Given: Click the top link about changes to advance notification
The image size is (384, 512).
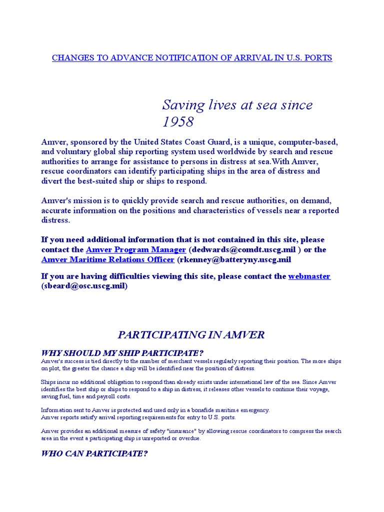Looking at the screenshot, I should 192,58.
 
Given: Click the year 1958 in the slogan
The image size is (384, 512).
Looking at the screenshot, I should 177,121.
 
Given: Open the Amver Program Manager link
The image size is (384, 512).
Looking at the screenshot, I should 136,249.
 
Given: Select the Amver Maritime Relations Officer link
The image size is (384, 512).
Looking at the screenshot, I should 108,260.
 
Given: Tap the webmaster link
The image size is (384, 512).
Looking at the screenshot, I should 309,276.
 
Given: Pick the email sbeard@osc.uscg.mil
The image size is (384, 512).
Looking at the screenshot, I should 84,286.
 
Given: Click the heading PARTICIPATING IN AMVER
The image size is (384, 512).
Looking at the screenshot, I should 191,334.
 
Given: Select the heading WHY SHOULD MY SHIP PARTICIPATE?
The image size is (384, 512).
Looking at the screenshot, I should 122,353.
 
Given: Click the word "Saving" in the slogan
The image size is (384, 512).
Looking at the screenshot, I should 183,105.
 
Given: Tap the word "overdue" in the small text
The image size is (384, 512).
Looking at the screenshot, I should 190,438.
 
